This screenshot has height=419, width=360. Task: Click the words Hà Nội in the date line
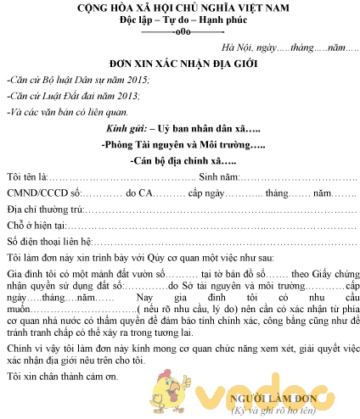coord(237,47)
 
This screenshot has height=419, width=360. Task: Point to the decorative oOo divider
coord(182,32)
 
